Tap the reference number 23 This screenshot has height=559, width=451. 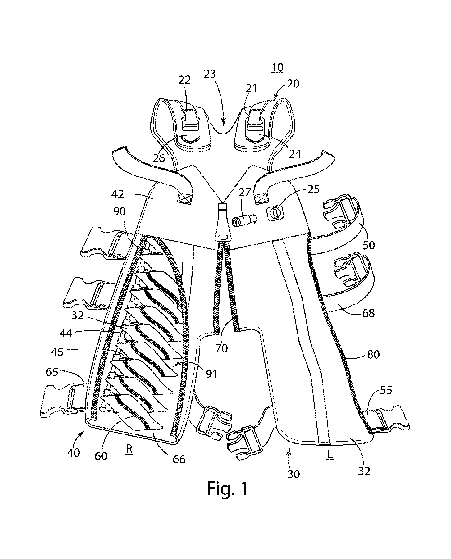[210, 74]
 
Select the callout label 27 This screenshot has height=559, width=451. [244, 193]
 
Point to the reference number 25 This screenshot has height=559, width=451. [313, 189]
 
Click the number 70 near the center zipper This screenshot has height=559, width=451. [222, 348]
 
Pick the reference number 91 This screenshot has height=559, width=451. [211, 374]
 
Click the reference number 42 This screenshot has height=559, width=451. [118, 194]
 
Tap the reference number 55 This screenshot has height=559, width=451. [386, 390]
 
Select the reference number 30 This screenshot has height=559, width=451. [293, 474]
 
